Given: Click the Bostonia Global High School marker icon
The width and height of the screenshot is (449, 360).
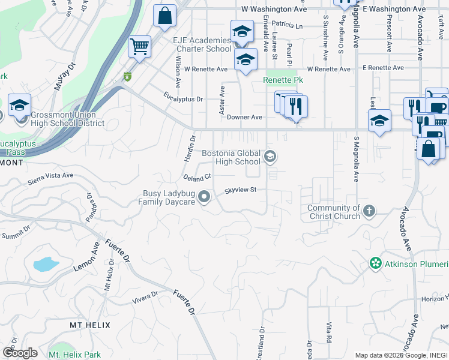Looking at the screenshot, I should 270,157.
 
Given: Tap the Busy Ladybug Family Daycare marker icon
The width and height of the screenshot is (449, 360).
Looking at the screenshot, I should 205,197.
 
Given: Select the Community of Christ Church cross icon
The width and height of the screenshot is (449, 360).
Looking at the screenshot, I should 369,211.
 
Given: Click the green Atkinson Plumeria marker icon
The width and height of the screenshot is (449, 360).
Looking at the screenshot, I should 376,263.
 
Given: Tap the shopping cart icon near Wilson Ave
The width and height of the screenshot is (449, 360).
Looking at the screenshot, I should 139,46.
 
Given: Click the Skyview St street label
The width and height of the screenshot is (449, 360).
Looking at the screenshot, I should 241,190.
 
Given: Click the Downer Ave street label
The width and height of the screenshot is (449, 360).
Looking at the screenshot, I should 245,118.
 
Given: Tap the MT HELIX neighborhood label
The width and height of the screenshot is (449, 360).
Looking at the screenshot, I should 90,325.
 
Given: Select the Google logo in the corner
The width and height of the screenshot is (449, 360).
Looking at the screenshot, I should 19,353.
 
